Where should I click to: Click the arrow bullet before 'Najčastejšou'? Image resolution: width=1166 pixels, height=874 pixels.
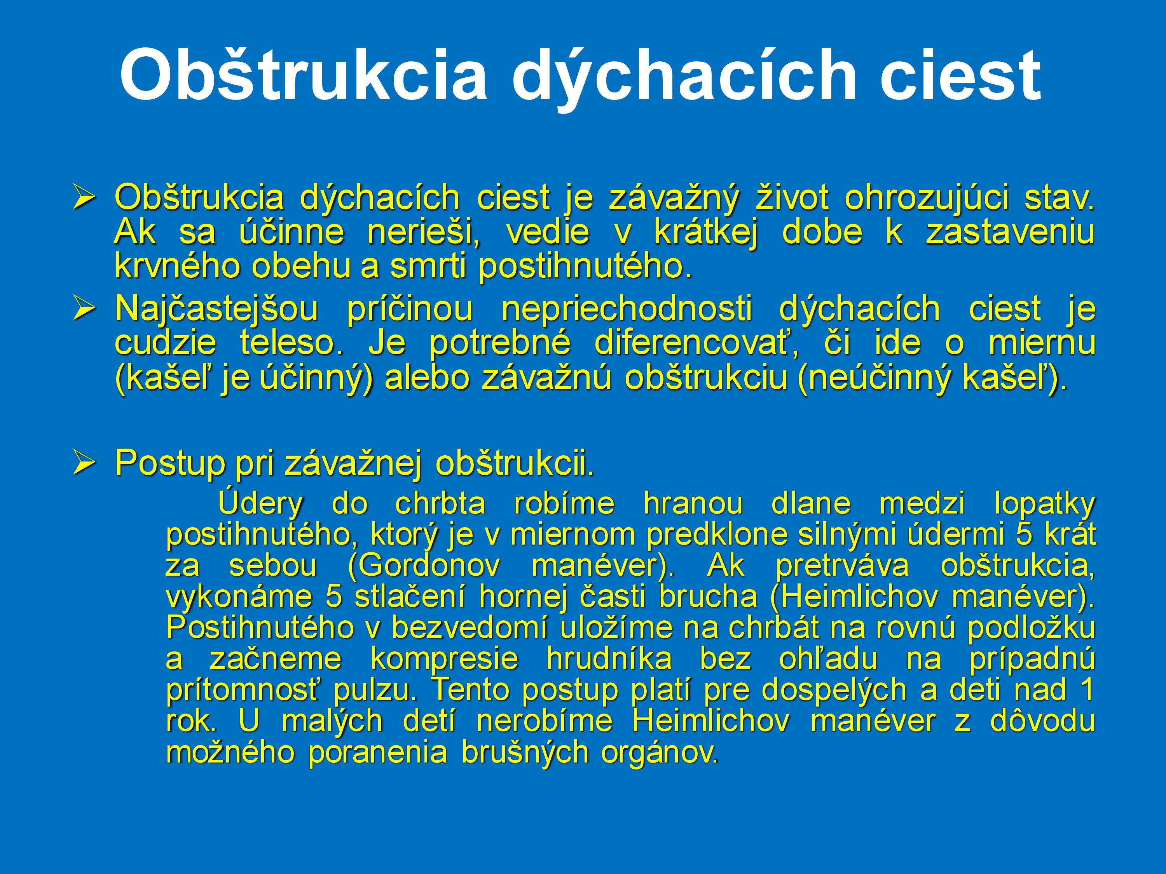click(x=84, y=308)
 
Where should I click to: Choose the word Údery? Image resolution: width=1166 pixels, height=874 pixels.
click(x=260, y=504)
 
